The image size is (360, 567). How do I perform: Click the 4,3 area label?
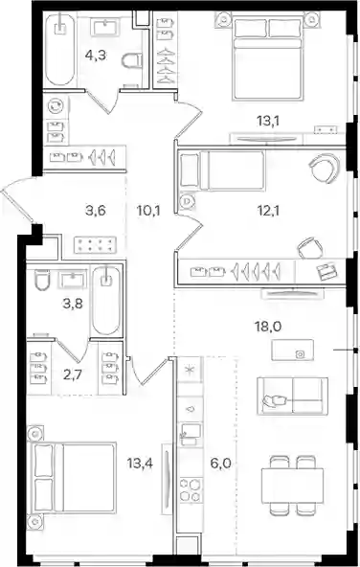pyautogui.click(x=96, y=56)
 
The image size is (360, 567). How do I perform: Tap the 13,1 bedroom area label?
pyautogui.click(x=268, y=121)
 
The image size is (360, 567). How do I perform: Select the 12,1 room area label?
pyautogui.click(x=268, y=210)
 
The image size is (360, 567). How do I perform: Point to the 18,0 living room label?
pyautogui.click(x=268, y=327)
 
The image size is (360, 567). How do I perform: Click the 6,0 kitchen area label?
pyautogui.click(x=220, y=463)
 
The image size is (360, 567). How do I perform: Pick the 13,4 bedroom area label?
pyautogui.click(x=140, y=463)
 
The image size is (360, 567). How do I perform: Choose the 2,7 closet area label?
pyautogui.click(x=73, y=375)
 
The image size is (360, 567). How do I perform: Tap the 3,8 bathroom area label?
pyautogui.click(x=73, y=304)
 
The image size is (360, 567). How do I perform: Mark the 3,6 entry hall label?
pyautogui.click(x=96, y=210)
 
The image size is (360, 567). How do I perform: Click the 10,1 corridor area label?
pyautogui.click(x=148, y=210)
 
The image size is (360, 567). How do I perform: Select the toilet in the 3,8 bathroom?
pyautogui.click(x=42, y=280)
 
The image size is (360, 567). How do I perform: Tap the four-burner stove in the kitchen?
pyautogui.click(x=191, y=490)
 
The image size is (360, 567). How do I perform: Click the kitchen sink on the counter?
pyautogui.click(x=191, y=434)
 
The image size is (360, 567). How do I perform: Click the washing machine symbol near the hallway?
pyautogui.click(x=56, y=106)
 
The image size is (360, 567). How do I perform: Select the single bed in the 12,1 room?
pyautogui.click(x=222, y=170)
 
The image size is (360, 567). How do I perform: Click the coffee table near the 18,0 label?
pyautogui.click(x=292, y=350)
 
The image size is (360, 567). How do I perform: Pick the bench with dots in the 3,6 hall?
pyautogui.click(x=96, y=245)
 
